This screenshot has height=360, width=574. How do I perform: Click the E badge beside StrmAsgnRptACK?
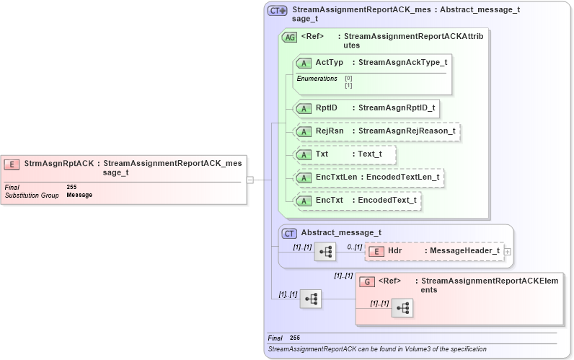pos(12,164)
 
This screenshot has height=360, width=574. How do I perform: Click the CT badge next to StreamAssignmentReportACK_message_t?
pos(277,11)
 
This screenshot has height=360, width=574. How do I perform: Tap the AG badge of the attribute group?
pos(289,37)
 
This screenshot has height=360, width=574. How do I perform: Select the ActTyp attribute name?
pos(330,63)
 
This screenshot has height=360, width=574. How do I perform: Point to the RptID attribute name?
pos(327,108)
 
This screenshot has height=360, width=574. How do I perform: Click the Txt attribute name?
pos(322,154)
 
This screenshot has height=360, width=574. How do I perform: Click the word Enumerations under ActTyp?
pos(317,78)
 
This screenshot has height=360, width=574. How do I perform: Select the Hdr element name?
pos(395,250)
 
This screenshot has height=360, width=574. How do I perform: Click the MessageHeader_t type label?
pos(464,250)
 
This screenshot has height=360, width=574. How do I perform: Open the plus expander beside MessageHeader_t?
pos(508,251)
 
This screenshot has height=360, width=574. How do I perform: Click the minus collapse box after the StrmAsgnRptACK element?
pos(250,180)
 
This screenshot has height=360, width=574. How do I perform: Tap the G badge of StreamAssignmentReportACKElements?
pos(366,281)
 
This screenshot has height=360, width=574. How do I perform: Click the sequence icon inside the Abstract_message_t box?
pos(324,252)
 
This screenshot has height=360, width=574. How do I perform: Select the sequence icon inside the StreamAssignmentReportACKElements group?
pos(402,308)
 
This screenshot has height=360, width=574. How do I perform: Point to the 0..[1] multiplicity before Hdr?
pos(354,247)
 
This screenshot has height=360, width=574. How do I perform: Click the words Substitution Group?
pos(32,196)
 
